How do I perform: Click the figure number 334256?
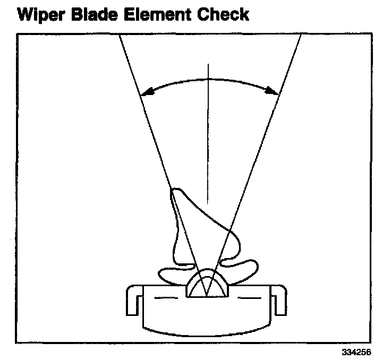pos(356,352)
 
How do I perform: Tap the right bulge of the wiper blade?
pos(234,242)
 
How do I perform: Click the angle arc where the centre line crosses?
pos(209,79)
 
